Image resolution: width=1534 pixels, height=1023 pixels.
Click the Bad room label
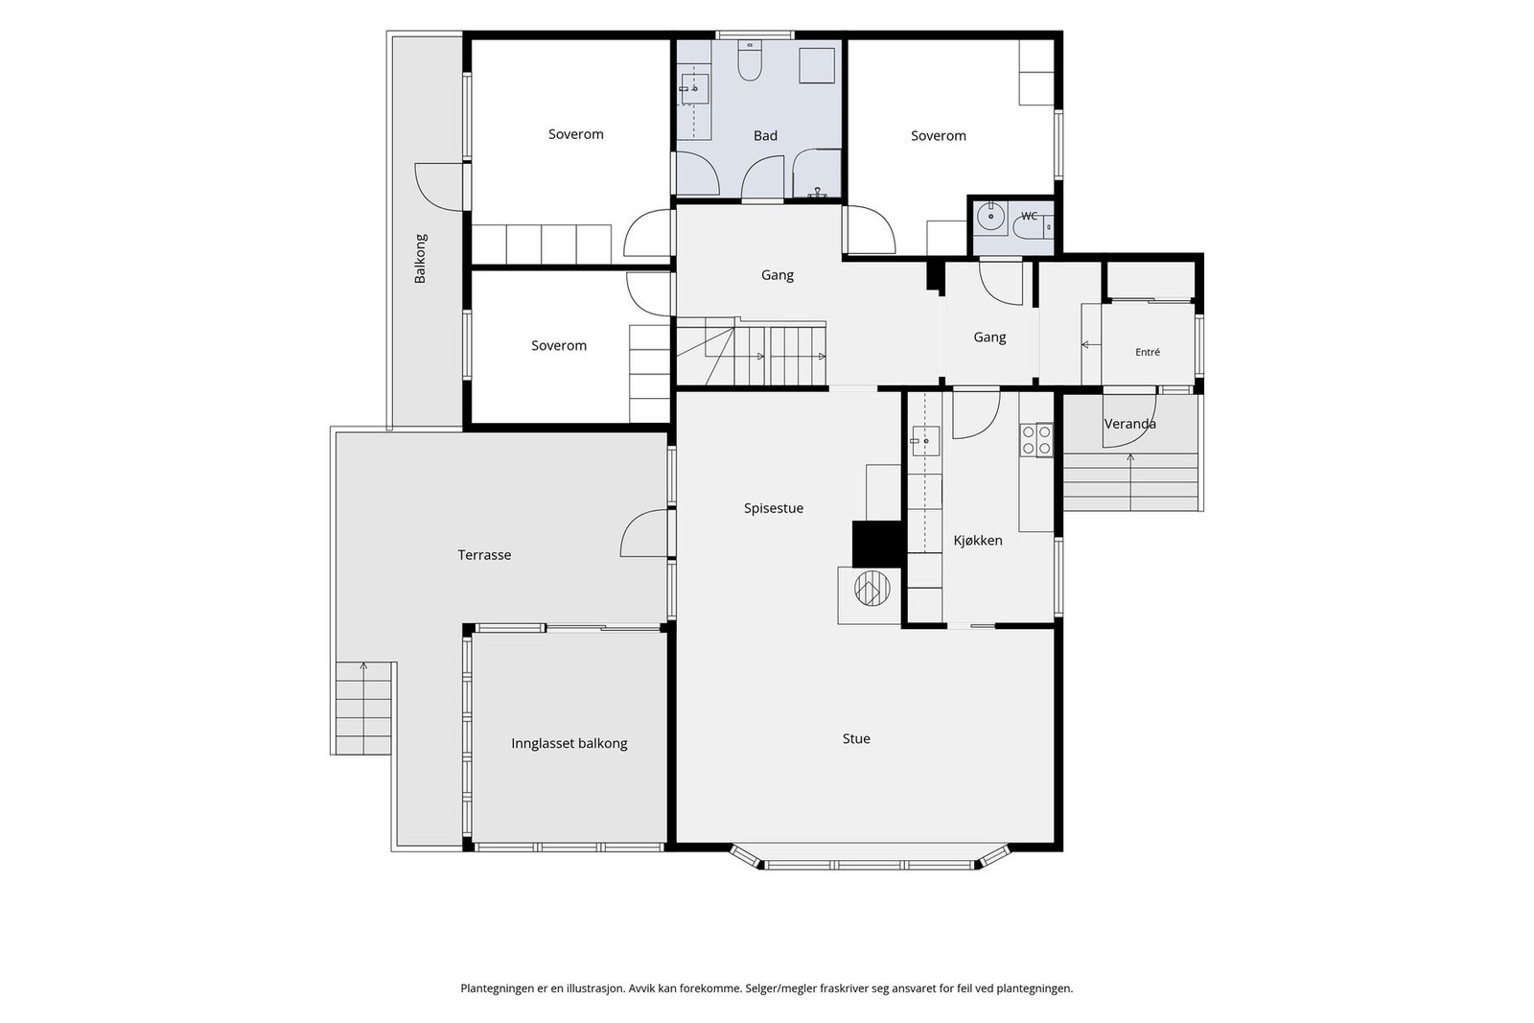(x=765, y=135)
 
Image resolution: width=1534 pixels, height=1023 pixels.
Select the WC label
(x=1029, y=216)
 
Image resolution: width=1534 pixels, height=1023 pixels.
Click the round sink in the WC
(x=990, y=217)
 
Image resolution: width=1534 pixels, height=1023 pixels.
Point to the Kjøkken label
(x=978, y=540)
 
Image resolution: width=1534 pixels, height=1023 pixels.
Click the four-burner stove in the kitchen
(x=1036, y=440)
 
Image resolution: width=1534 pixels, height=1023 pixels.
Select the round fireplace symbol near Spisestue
(x=872, y=588)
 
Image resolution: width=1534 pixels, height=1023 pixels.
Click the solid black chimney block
(x=876, y=544)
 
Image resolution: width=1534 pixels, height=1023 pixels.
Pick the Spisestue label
(x=773, y=508)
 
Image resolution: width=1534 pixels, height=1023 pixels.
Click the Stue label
(x=856, y=738)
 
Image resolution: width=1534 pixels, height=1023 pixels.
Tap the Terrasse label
(x=484, y=554)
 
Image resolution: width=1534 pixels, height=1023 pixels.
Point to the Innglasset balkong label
(x=569, y=743)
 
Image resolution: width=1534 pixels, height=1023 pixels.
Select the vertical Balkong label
(x=420, y=258)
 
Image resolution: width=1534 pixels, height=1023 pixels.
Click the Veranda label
(x=1130, y=424)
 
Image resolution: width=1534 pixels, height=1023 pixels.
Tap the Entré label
(x=1148, y=352)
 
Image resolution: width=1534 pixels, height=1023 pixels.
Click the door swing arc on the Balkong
(x=429, y=196)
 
